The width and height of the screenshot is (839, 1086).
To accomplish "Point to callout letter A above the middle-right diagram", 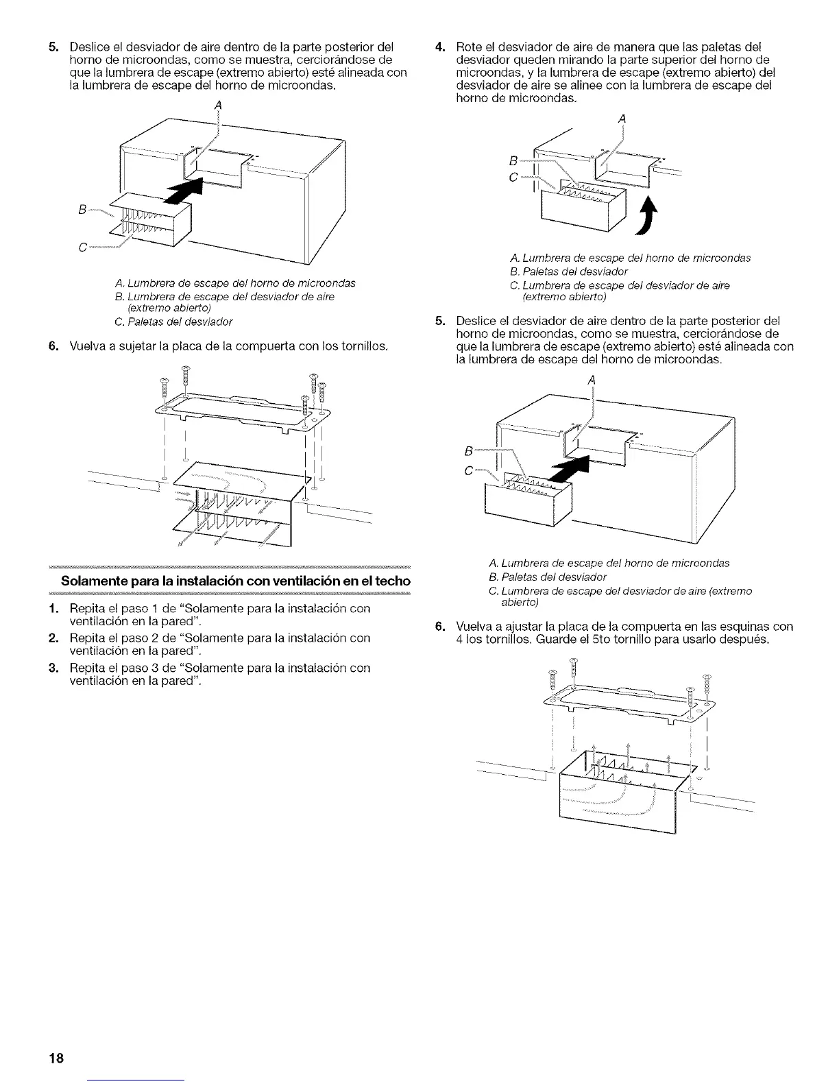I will pyautogui.click(x=591, y=380).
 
